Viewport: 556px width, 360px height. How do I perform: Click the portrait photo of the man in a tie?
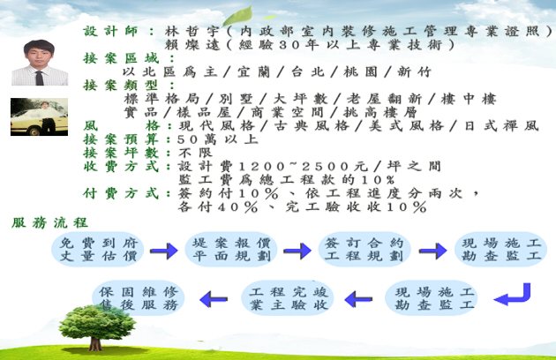40,63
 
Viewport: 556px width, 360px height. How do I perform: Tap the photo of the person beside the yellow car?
39,116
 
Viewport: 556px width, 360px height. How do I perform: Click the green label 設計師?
110,32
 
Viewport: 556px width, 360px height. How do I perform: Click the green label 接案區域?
121,58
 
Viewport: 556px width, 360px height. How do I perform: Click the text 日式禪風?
502,126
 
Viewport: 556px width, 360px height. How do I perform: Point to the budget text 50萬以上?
218,139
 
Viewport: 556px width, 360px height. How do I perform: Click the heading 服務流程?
49,222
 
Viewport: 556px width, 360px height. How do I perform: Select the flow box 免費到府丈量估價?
98,250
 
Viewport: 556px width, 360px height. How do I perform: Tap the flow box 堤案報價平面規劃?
231,250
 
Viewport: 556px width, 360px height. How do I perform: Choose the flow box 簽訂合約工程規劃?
364,250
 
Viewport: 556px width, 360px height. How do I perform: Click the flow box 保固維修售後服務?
139,298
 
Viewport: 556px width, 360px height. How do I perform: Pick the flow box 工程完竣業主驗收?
288,298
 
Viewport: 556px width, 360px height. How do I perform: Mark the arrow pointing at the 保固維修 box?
214,300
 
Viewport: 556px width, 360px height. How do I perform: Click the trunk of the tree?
95,342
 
